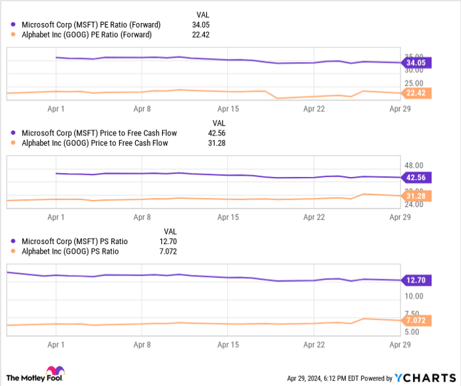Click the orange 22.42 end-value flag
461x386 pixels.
pos(417,93)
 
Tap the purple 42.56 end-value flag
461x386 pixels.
pos(417,178)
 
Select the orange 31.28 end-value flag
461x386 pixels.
pos(417,196)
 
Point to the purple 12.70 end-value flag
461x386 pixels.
pos(417,281)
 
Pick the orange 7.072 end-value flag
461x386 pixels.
pos(417,320)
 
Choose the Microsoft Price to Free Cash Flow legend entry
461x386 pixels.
pos(92,133)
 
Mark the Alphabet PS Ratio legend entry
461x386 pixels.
pos(66,251)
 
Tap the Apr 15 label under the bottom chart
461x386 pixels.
pos(228,344)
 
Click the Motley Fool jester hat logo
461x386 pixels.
pos(50,372)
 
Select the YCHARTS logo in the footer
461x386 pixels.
pos(422,377)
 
